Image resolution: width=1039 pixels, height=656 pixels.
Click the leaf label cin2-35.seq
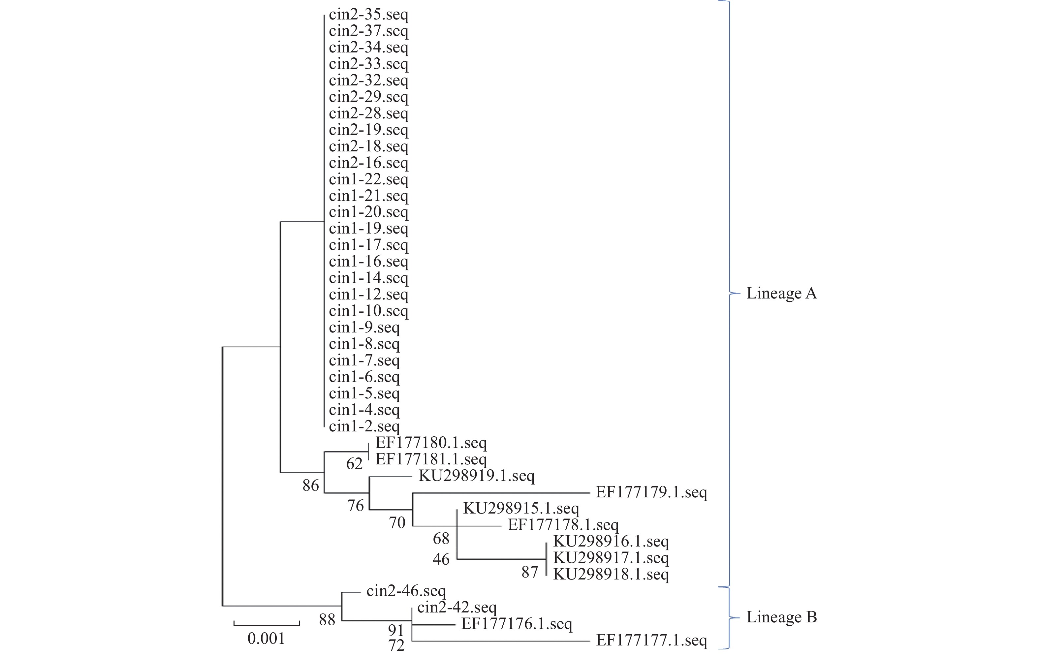(x=368, y=15)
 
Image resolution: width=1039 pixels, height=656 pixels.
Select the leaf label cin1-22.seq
(x=368, y=179)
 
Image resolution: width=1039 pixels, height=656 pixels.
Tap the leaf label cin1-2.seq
(x=364, y=426)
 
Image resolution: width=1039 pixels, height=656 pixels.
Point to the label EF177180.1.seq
(x=431, y=443)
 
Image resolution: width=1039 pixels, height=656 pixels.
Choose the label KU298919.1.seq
(x=476, y=476)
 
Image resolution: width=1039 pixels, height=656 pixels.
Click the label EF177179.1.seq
(x=651, y=492)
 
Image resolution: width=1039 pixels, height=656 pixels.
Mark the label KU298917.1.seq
(x=611, y=558)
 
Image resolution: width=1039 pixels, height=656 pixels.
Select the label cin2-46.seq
(x=406, y=591)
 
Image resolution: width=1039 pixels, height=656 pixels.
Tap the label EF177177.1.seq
(x=651, y=640)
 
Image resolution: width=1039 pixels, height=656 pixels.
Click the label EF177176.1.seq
(x=517, y=624)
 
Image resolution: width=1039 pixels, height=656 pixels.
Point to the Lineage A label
(x=781, y=293)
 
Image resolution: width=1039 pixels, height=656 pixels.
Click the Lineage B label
(x=781, y=617)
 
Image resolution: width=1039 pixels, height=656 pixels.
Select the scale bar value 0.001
(x=266, y=638)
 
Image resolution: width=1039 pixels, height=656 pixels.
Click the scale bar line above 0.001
(x=267, y=624)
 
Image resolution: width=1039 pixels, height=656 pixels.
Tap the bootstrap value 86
(x=311, y=485)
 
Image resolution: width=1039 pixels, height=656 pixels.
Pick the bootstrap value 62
(x=354, y=464)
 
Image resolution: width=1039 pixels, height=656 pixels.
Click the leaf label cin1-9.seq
(x=364, y=328)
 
